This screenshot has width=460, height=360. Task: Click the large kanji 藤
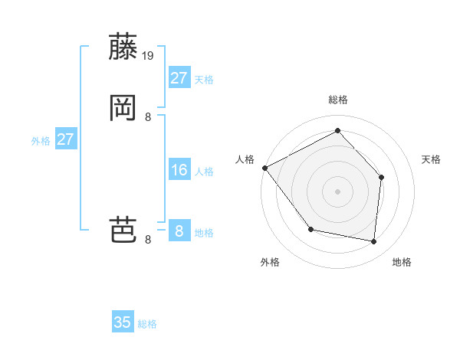click(x=123, y=47)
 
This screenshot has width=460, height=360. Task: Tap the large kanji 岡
click(x=123, y=108)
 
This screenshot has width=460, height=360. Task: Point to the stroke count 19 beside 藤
click(x=149, y=56)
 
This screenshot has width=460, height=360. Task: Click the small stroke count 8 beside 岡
click(x=148, y=117)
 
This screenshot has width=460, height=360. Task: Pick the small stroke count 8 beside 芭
click(x=148, y=240)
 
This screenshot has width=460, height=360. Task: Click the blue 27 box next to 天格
click(x=179, y=78)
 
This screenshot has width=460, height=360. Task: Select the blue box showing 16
click(x=179, y=170)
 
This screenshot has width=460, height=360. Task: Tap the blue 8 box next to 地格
click(x=179, y=231)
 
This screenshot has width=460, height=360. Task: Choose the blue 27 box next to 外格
click(x=66, y=139)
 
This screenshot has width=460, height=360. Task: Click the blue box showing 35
click(x=123, y=322)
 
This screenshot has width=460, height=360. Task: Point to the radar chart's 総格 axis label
click(x=337, y=100)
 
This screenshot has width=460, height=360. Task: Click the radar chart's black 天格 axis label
click(x=431, y=159)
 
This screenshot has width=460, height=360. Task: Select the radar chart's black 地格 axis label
click(x=402, y=262)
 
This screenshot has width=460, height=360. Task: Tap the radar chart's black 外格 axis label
click(x=270, y=262)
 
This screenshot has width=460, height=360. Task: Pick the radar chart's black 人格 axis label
click(x=245, y=159)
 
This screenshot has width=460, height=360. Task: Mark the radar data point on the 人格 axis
click(x=264, y=168)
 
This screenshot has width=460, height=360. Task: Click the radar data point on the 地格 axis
click(x=373, y=241)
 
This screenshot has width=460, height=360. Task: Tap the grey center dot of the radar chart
click(x=337, y=191)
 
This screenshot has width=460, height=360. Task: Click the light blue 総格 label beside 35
click(x=148, y=324)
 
